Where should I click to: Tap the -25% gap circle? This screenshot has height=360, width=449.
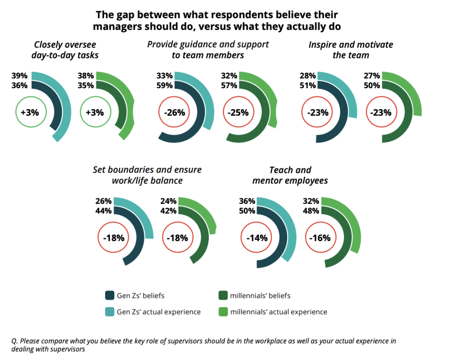238,112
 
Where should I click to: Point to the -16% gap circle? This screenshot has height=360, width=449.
319,238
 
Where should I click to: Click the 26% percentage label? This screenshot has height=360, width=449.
103,201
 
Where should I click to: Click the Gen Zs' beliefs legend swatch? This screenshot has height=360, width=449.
109,295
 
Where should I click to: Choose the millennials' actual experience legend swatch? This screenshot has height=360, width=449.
222,312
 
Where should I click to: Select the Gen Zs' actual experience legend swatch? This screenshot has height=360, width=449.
109,312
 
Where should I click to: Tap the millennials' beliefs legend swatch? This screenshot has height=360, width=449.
222,295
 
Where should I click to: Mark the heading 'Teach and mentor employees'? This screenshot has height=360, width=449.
290,175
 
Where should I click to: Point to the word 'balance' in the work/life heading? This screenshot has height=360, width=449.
167,180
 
